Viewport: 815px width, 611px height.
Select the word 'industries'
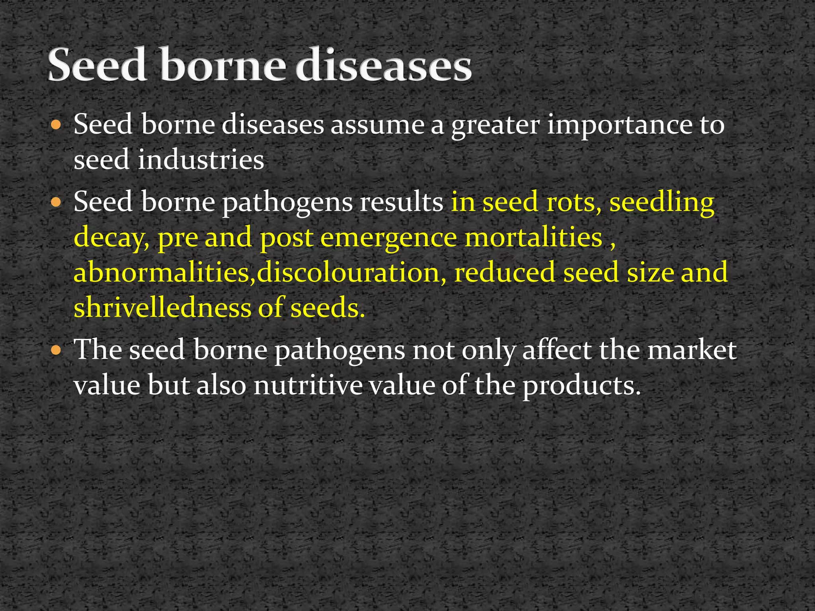click(201, 160)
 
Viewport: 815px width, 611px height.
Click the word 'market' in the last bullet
click(692, 350)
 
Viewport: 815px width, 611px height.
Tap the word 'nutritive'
click(308, 385)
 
